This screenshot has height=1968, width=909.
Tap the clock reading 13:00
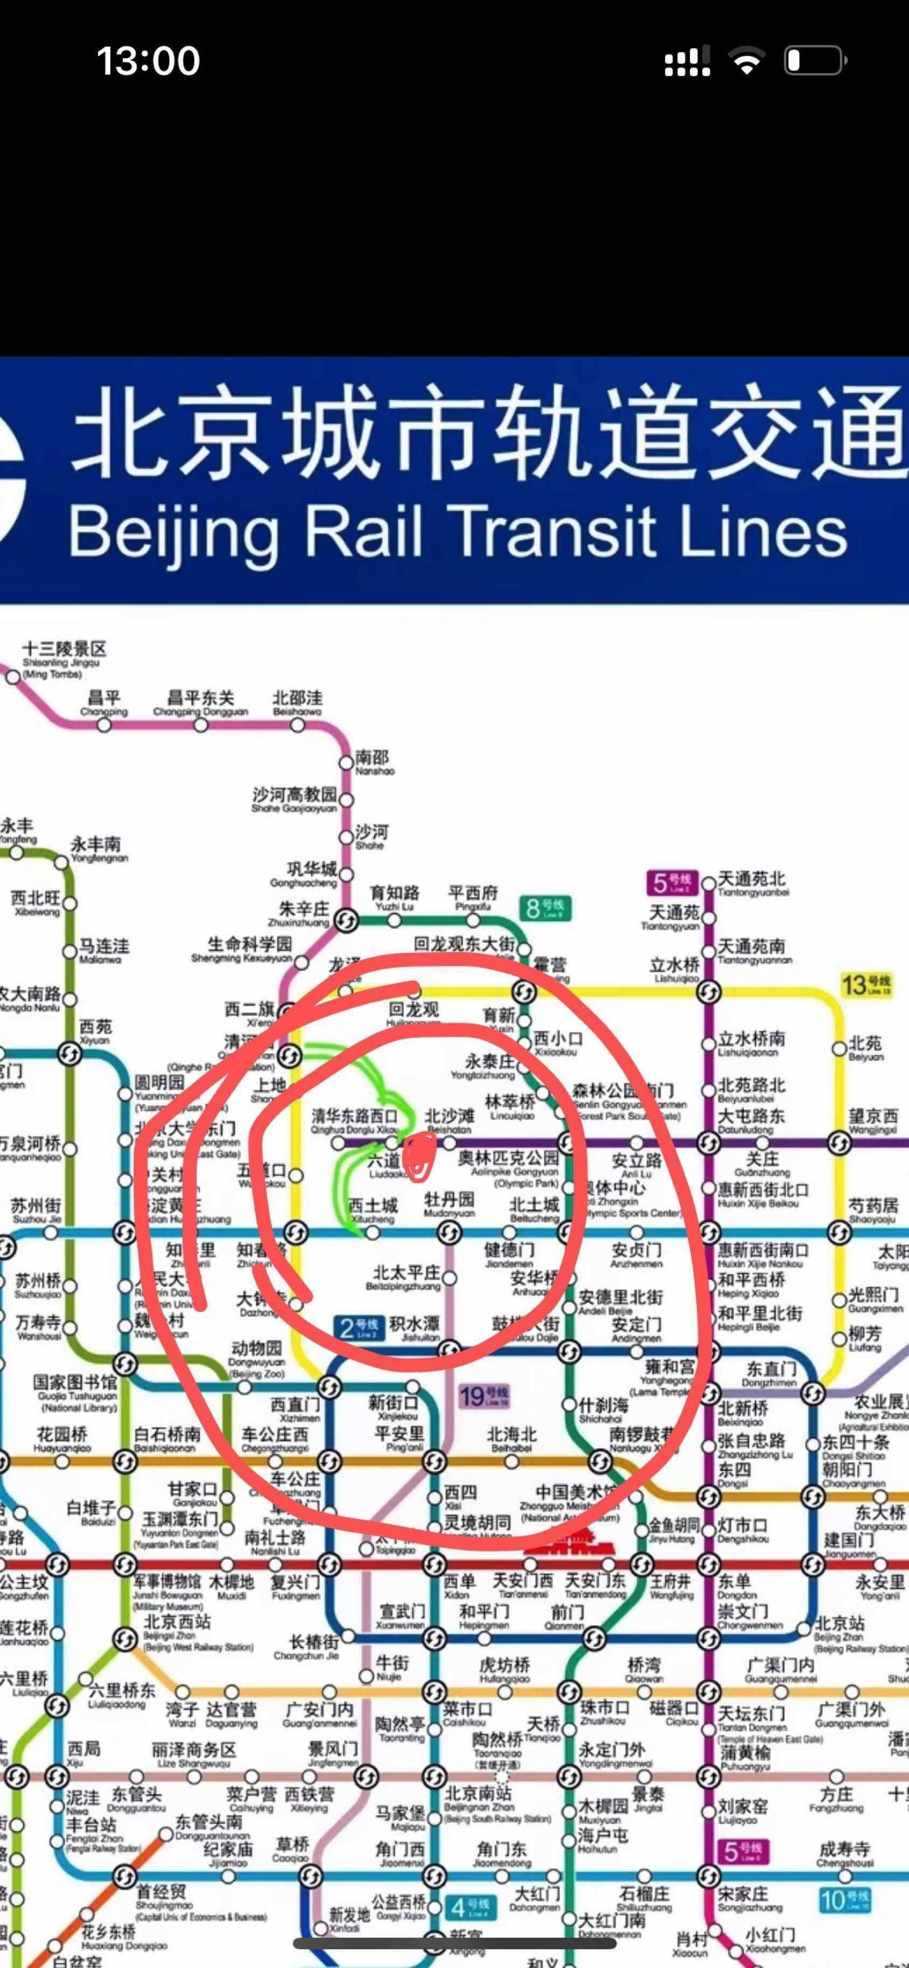(148, 61)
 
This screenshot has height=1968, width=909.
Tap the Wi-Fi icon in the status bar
(746, 61)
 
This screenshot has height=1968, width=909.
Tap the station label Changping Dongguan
(201, 703)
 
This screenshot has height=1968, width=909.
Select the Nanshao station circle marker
(346, 762)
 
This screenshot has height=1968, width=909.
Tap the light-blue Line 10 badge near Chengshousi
(845, 1900)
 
